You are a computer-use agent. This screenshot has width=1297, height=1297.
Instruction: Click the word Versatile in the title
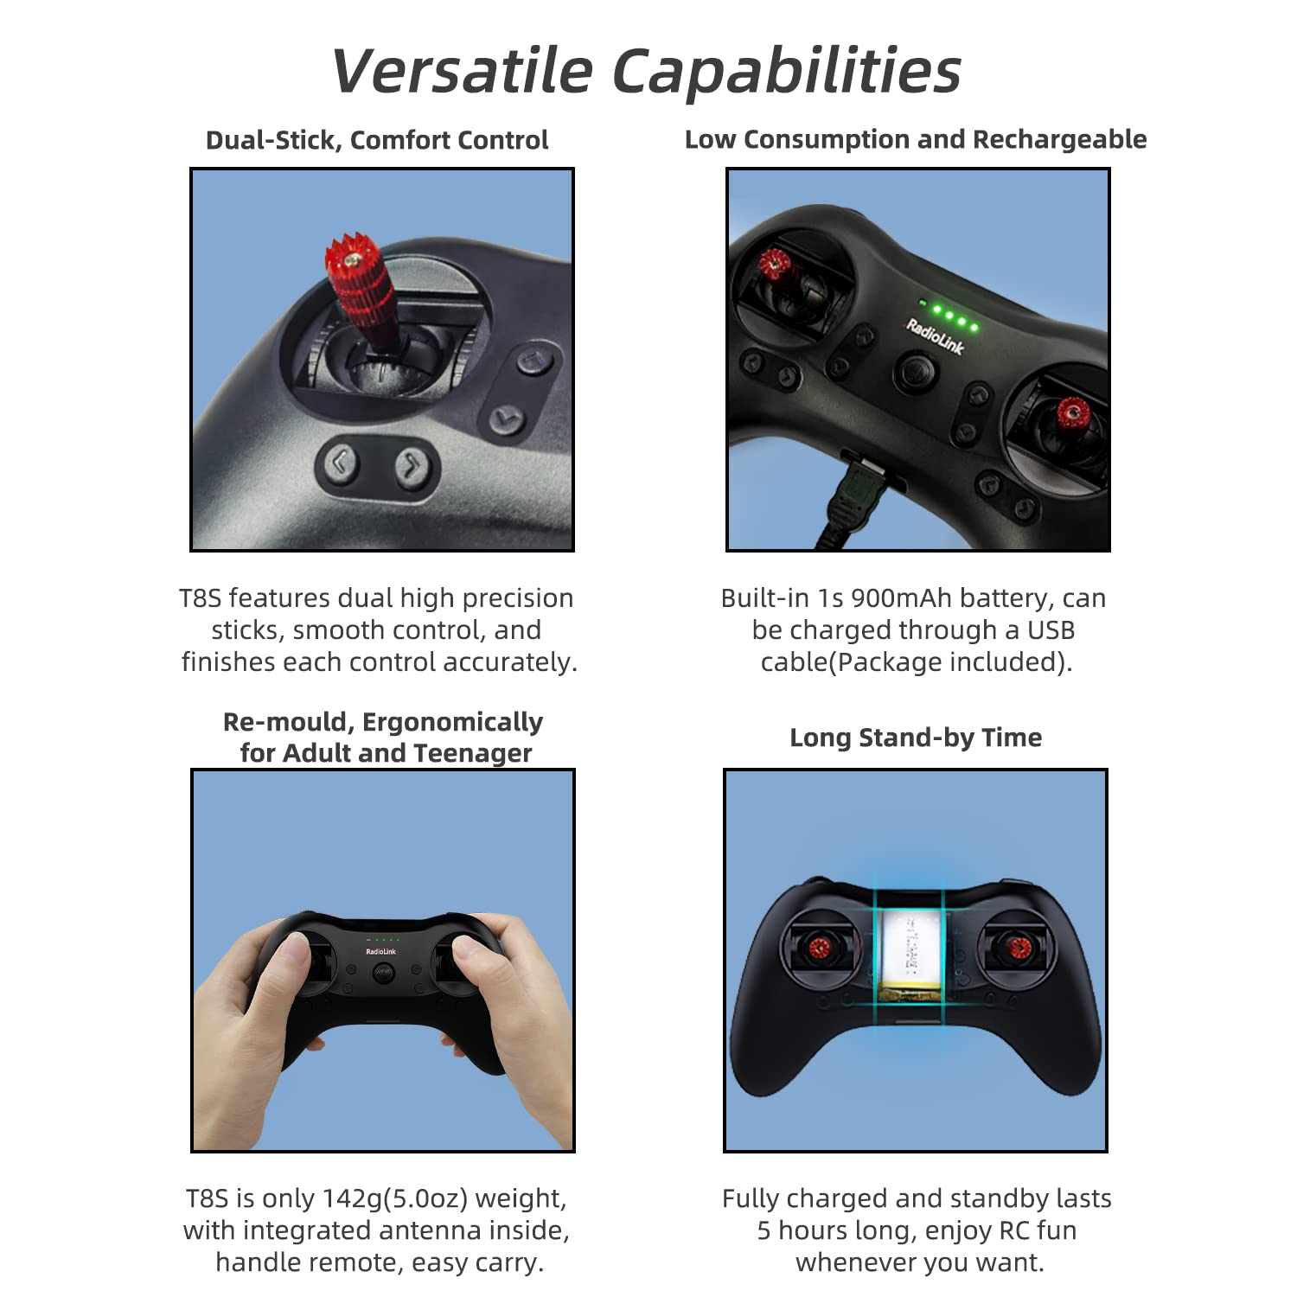[x=462, y=70]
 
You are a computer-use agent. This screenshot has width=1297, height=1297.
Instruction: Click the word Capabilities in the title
[x=787, y=72]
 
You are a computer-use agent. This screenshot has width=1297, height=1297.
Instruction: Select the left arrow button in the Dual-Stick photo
[x=340, y=463]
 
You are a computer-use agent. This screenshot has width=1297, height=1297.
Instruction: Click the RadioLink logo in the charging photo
[x=935, y=335]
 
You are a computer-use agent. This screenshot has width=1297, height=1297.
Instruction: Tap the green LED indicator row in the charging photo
[x=949, y=315]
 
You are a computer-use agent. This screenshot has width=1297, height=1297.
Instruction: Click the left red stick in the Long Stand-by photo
[x=818, y=948]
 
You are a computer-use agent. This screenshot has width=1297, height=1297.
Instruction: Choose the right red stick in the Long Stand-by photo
[x=1018, y=949]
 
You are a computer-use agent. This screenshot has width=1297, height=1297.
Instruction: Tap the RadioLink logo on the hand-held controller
[x=380, y=951]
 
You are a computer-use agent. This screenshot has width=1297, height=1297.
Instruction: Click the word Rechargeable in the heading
[x=1059, y=139]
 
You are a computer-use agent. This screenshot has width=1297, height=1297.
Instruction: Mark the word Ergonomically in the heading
[x=452, y=722]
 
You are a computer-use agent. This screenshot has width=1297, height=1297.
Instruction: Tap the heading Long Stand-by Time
[x=916, y=738]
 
